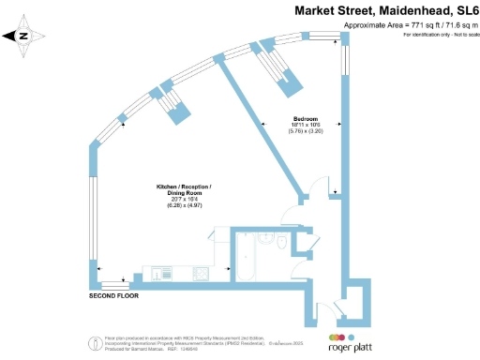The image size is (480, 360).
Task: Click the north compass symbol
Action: (24, 37)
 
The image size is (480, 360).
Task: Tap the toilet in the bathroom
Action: (282, 242)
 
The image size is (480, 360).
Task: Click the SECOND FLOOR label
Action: (114, 295)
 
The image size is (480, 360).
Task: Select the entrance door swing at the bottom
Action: (326, 309)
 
